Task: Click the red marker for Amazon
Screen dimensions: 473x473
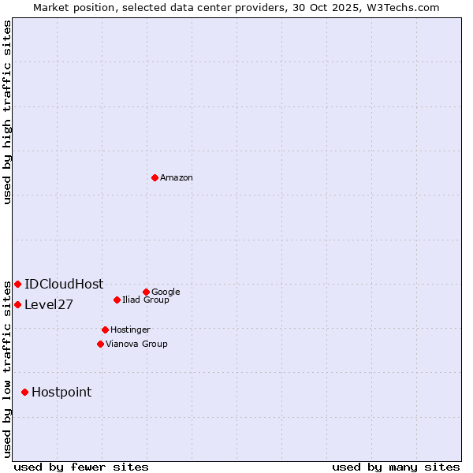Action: click(x=155, y=177)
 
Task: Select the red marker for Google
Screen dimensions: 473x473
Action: click(x=146, y=292)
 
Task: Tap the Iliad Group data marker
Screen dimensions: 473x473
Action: click(x=117, y=300)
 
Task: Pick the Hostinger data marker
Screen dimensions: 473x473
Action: click(x=105, y=330)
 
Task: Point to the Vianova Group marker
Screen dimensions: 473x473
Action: click(x=100, y=344)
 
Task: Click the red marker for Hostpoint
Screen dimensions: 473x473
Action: click(x=25, y=392)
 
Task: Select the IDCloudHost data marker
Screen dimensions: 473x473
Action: click(x=17, y=284)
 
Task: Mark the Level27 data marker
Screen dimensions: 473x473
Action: click(x=17, y=304)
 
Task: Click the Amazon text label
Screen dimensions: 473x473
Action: click(x=177, y=177)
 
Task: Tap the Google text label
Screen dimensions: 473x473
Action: click(x=166, y=292)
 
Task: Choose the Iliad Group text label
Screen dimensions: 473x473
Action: click(x=146, y=300)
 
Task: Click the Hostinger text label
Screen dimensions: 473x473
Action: click(x=130, y=330)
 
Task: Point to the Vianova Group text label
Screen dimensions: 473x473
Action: click(x=136, y=344)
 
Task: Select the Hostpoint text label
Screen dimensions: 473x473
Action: click(x=61, y=392)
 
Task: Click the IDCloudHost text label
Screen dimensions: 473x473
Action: click(x=64, y=284)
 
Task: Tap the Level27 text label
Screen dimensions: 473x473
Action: click(x=49, y=304)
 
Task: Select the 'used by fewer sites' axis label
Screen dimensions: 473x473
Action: click(x=81, y=467)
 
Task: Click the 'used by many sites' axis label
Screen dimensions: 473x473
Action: click(x=396, y=467)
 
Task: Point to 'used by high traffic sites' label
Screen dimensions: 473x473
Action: click(x=7, y=112)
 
